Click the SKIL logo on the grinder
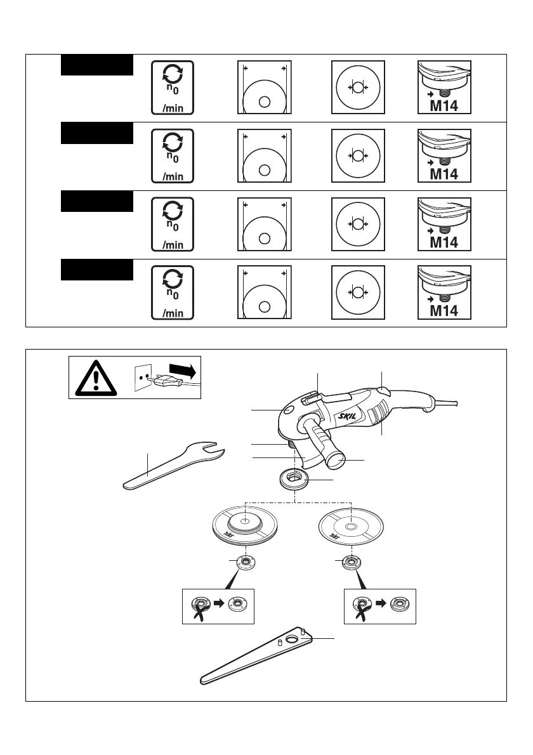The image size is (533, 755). point(348,417)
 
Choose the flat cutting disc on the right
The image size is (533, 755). point(351,527)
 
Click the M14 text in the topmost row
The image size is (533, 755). point(444,106)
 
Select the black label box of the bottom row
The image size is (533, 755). point(97,269)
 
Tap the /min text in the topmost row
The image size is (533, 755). point(173,108)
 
